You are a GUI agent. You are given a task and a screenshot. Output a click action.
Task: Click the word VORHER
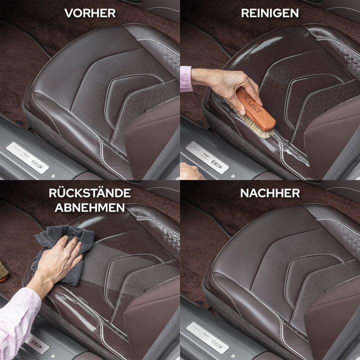click(90, 13)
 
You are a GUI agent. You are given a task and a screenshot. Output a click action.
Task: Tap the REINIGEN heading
click(270, 13)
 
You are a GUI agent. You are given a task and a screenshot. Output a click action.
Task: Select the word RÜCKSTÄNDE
click(90, 192)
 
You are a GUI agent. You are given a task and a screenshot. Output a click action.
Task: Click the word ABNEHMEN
click(90, 207)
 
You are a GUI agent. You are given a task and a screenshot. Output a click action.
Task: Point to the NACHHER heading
click(270, 193)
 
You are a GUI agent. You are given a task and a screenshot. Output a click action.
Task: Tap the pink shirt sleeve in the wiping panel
click(17, 321)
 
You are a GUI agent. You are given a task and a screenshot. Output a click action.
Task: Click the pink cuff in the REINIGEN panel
click(185, 79)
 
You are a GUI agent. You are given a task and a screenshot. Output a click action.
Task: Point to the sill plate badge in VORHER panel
click(27, 158)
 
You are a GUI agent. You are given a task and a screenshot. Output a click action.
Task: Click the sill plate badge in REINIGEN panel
click(207, 158)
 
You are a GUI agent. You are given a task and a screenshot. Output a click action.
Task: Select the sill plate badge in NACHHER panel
click(207, 338)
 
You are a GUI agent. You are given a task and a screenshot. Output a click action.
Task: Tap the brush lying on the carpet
click(3, 272)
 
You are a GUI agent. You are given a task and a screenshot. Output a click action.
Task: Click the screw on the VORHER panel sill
click(53, 176)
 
